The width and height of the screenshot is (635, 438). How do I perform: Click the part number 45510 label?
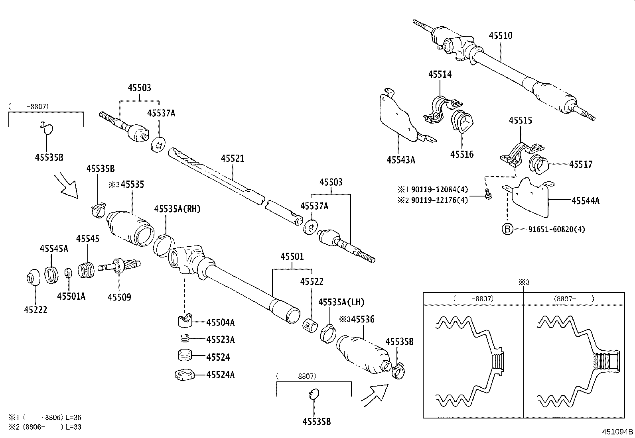coord(501,36)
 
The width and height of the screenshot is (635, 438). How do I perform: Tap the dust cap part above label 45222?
coord(33,277)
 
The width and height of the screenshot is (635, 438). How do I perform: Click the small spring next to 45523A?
coord(184,339)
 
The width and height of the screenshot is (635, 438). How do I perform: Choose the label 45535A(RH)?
coord(177,209)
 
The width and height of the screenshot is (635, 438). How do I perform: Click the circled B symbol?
coord(507,230)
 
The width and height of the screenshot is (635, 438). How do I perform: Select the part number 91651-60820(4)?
coord(556,230)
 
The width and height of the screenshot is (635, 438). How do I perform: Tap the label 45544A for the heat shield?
coord(585,201)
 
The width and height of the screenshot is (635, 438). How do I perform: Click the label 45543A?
coord(400,160)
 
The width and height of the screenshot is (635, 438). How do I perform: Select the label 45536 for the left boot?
coord(363,319)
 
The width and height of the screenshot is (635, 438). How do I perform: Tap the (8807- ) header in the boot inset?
coord(574,299)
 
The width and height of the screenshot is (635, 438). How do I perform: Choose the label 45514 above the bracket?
coord(440,75)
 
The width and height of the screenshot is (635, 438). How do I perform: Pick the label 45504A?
coord(220,322)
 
